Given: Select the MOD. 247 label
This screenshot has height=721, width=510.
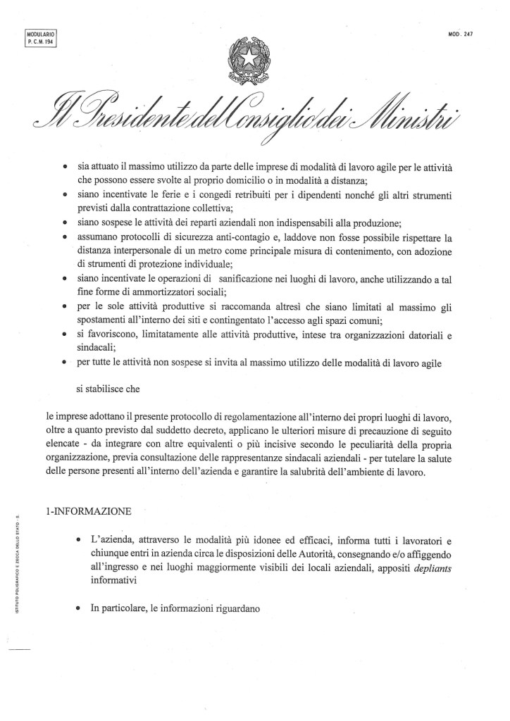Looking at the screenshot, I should [x=459, y=35].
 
